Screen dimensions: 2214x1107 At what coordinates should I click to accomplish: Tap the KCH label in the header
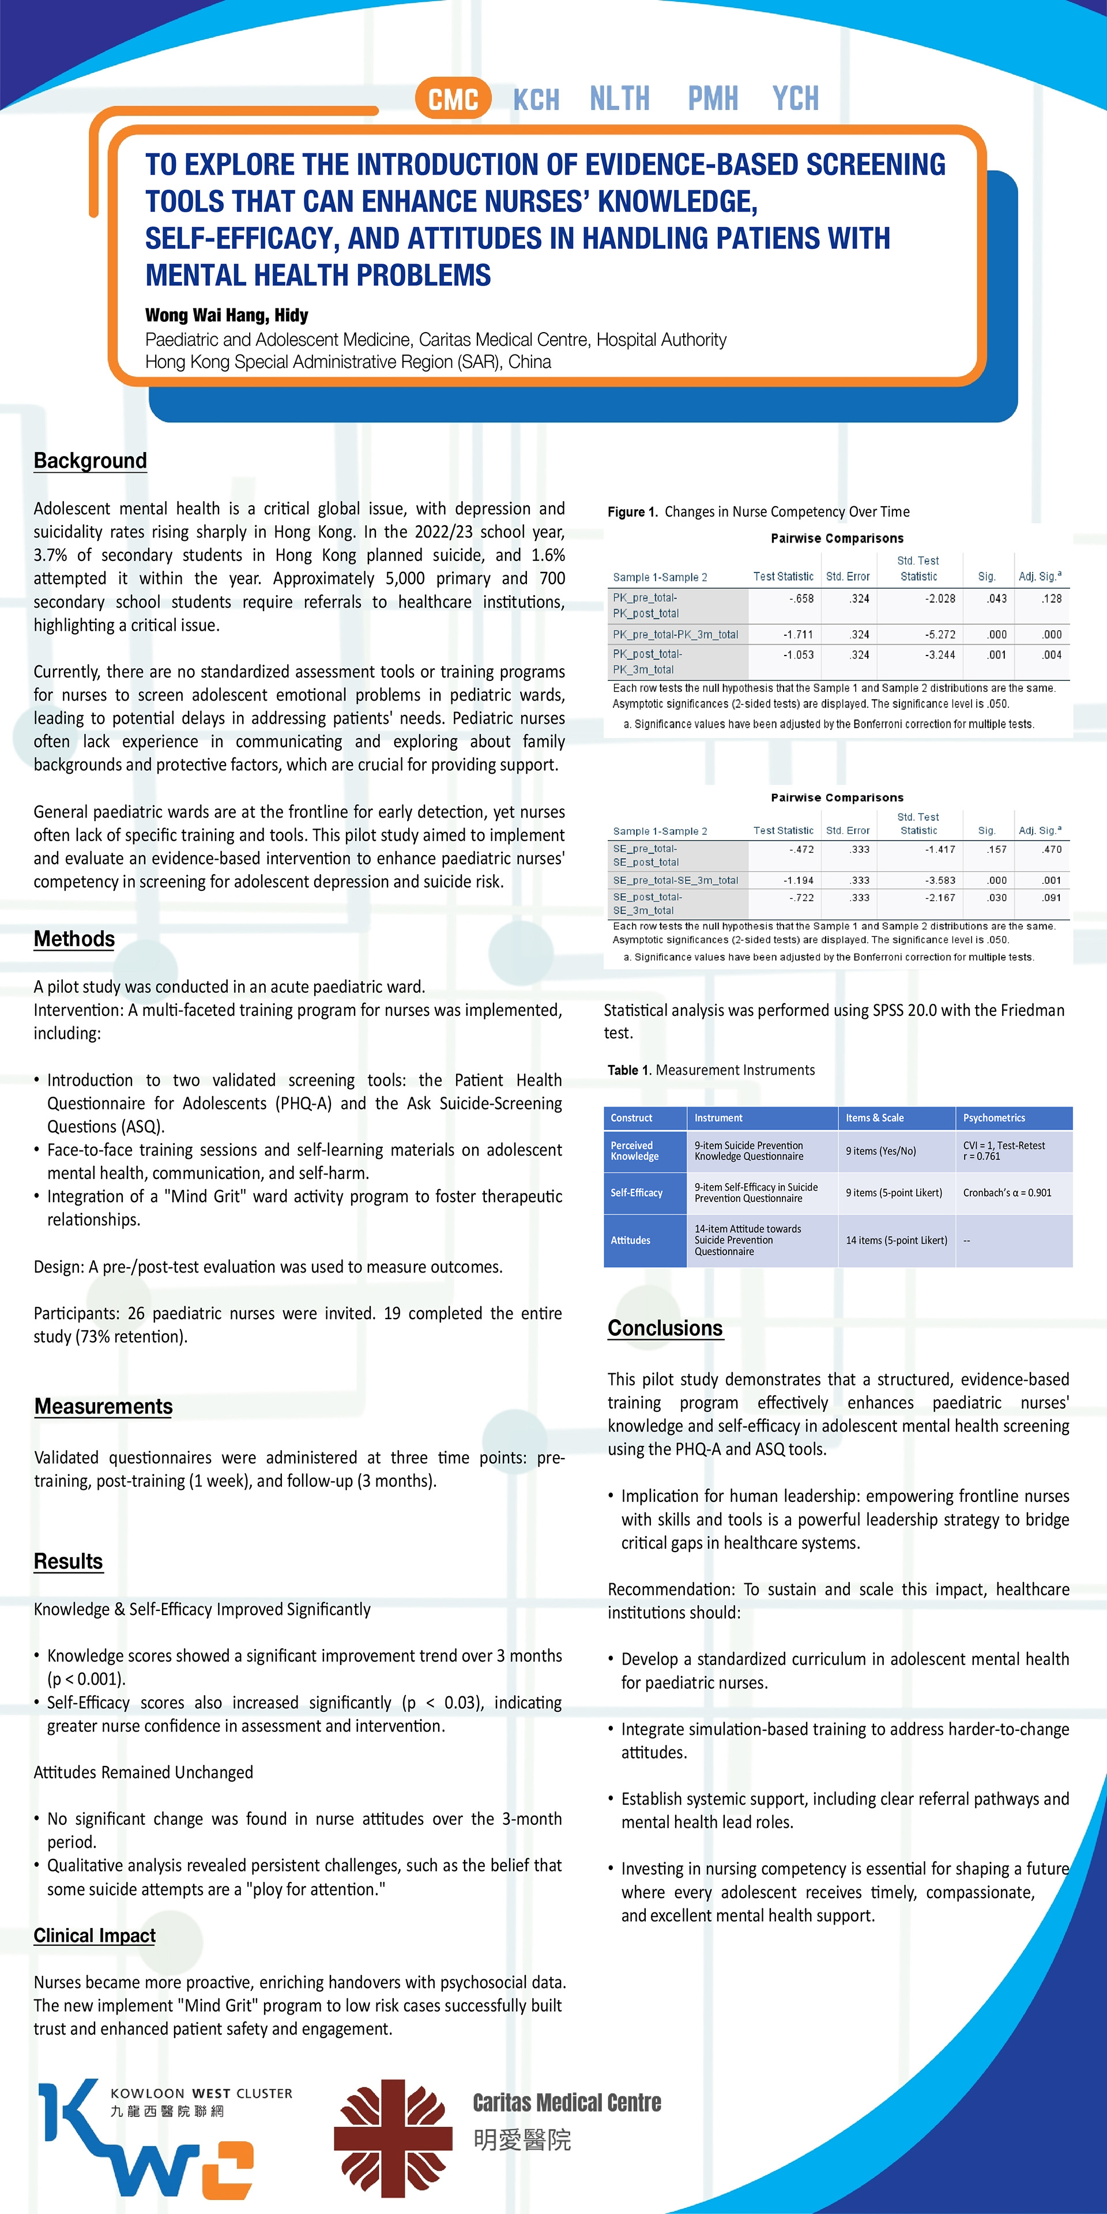click(536, 100)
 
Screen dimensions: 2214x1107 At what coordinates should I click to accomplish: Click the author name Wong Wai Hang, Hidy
click(226, 315)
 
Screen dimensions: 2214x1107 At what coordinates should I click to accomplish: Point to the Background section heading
click(91, 461)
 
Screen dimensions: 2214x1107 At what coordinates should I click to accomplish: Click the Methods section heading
click(74, 939)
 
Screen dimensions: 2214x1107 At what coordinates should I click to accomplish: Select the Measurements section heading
click(103, 1406)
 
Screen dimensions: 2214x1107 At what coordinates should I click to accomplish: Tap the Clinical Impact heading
click(95, 1936)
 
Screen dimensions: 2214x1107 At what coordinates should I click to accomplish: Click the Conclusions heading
click(665, 1328)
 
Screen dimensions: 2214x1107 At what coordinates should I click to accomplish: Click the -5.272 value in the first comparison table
click(939, 634)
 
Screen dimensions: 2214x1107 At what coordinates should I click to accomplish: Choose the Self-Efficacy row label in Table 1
click(637, 1193)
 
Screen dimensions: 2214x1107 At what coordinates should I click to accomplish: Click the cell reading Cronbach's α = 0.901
click(1007, 1193)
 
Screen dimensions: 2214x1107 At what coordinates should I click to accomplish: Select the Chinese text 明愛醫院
click(522, 2140)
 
